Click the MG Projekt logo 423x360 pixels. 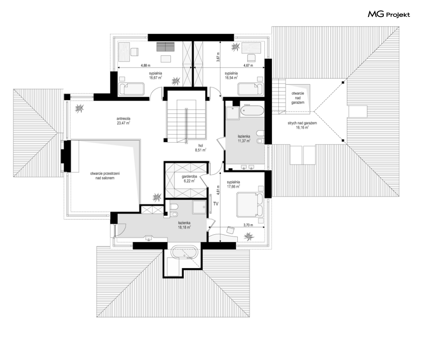(389, 14)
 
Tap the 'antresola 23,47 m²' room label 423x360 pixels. (123, 120)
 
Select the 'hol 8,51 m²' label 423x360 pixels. (201, 148)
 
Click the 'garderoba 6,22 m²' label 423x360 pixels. (189, 178)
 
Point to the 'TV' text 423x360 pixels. (216, 204)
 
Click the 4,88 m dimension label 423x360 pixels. (146, 65)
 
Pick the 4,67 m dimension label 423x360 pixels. (248, 65)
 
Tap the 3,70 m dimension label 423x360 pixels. (248, 225)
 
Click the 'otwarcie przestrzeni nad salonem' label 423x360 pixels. (105, 176)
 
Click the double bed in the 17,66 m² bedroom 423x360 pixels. (250, 205)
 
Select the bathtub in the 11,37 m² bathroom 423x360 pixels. (252, 110)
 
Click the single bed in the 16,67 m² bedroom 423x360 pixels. (131, 89)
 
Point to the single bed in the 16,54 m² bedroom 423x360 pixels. (250, 89)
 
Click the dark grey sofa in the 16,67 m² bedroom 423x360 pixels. (165, 47)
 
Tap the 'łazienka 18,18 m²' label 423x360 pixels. (184, 225)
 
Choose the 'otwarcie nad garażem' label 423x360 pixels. (298, 98)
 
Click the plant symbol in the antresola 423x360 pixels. (79, 108)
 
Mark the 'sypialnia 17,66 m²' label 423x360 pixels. (233, 184)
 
